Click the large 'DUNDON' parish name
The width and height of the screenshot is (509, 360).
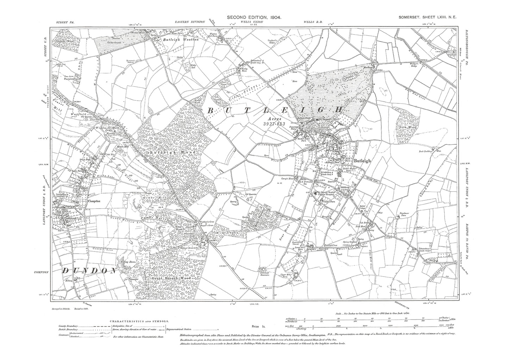[89, 271]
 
